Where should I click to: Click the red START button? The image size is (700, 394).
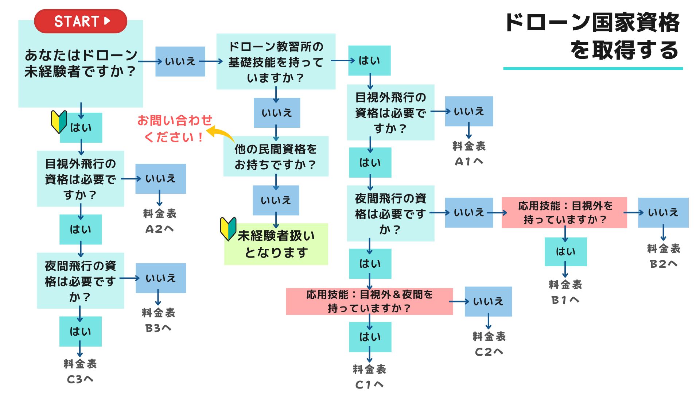coord(81,21)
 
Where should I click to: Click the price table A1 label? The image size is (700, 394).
coord(469,154)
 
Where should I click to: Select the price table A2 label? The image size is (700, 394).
coord(159,221)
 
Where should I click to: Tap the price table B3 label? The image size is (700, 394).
coord(158,320)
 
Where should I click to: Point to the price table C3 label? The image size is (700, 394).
coord(80,371)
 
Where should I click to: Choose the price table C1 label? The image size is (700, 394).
coord(369,377)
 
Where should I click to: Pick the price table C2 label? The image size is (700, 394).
coord(489,344)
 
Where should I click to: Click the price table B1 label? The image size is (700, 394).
coord(565,292)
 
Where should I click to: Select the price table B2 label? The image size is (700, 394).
coord(664,256)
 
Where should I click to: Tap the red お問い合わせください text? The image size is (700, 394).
coord(174,129)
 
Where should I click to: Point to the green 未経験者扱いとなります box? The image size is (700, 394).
coord(276,244)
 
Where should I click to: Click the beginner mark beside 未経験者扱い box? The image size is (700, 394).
coord(228,229)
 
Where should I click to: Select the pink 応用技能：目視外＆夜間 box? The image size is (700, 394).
coord(369,301)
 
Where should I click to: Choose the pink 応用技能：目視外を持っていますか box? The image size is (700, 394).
coord(564,213)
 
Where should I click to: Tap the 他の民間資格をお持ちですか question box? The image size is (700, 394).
coord(276,157)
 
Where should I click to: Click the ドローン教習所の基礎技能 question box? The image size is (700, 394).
coord(276,62)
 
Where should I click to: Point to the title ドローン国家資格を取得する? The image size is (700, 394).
coord(592,36)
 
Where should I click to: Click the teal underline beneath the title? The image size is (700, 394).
coord(593,68)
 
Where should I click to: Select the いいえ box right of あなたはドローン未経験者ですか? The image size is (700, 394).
coord(180,61)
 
